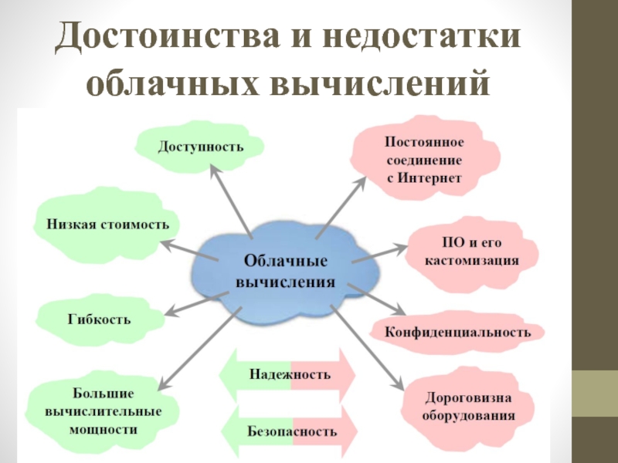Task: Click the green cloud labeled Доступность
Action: pos(200,146)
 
